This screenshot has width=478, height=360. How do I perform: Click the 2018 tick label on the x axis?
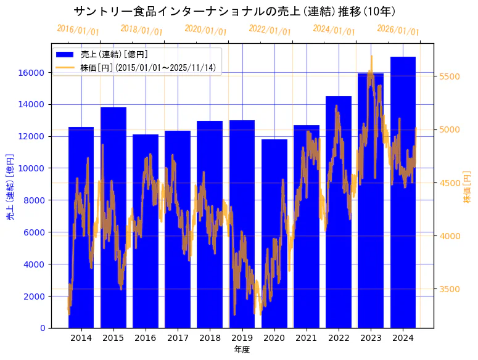210,338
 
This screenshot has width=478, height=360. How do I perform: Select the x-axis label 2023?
371,338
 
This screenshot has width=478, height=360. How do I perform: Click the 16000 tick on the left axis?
35,72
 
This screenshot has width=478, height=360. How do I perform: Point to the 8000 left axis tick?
38,200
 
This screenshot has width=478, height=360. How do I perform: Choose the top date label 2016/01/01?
78,30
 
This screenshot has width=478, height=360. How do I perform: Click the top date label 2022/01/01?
270,30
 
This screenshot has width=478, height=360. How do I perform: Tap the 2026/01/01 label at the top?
398,30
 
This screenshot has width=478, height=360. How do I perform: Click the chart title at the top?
234,11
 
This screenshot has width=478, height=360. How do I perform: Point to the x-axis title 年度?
242,350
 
